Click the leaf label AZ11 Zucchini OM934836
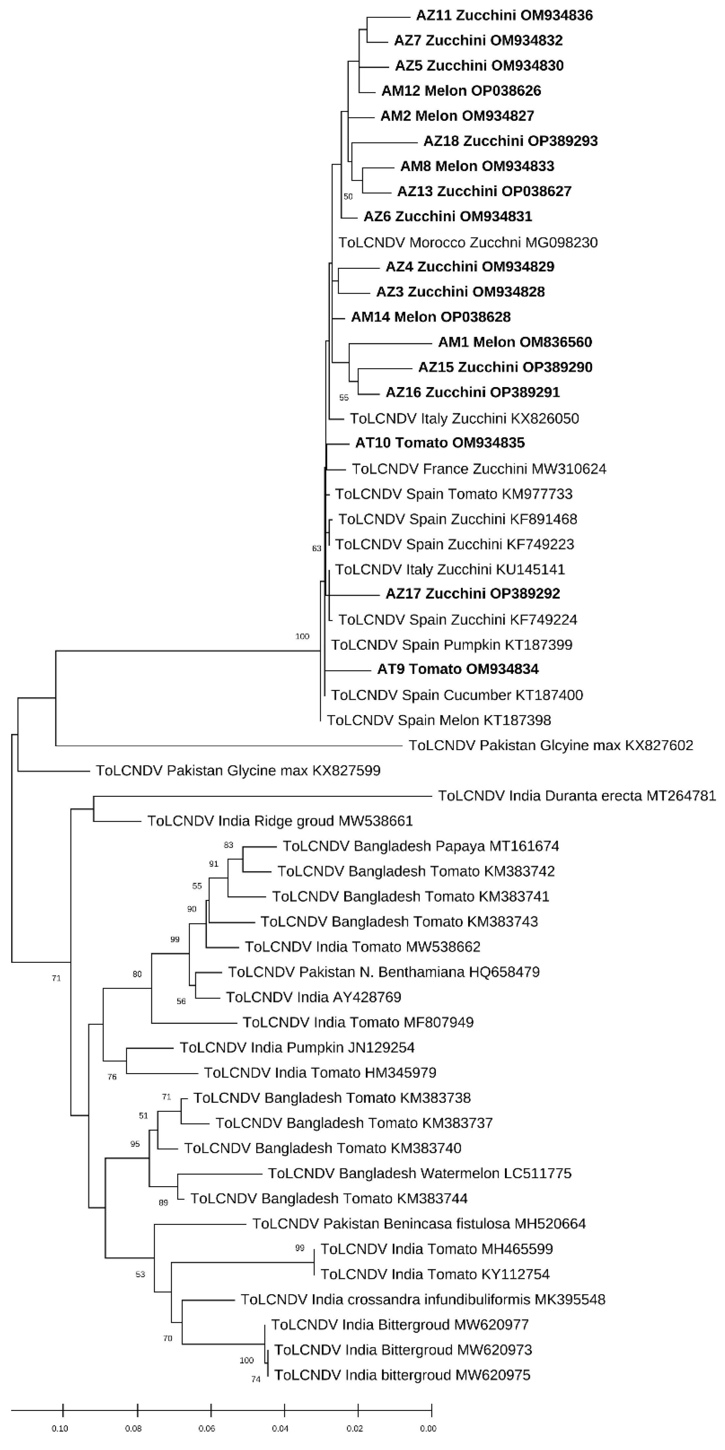point(504,15)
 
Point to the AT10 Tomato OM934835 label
point(439,443)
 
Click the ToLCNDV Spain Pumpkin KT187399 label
point(451,645)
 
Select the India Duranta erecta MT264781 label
point(577,796)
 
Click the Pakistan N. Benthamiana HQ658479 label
point(384,972)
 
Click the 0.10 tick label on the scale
point(60,1428)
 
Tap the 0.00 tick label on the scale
point(428,1428)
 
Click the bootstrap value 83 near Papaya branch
point(228,845)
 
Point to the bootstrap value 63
point(316,548)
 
